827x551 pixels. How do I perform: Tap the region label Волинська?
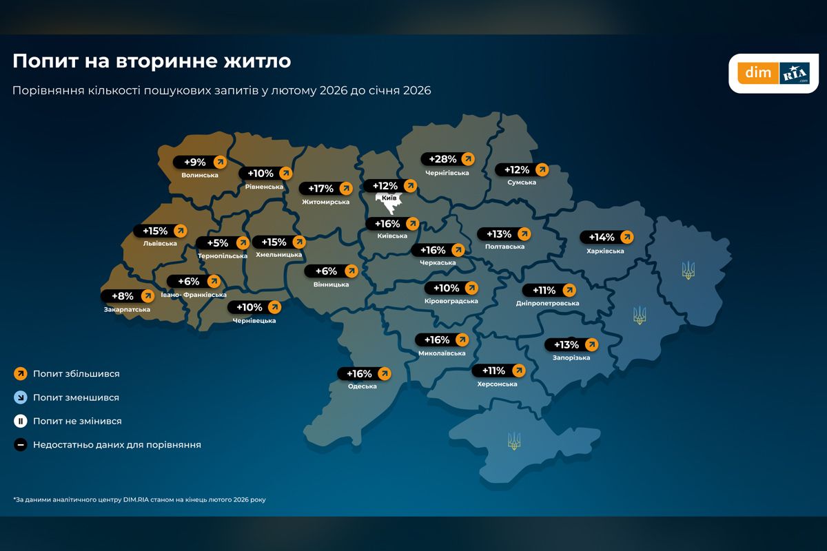pyautogui.click(x=200, y=175)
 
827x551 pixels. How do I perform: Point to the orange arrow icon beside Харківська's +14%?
pyautogui.click(x=626, y=237)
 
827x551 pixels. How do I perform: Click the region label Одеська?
pyautogui.click(x=363, y=386)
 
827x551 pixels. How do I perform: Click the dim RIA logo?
pyautogui.click(x=774, y=73)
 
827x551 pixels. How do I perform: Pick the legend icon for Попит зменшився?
pyautogui.click(x=21, y=397)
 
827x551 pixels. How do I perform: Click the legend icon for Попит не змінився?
pyautogui.click(x=21, y=421)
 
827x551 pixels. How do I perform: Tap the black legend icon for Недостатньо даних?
pyautogui.click(x=21, y=445)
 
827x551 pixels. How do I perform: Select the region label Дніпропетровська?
pyautogui.click(x=547, y=303)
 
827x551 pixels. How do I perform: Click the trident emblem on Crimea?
pyautogui.click(x=513, y=441)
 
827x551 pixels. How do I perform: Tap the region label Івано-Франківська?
pyautogui.click(x=194, y=295)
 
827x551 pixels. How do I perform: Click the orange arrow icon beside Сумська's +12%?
pyautogui.click(x=542, y=169)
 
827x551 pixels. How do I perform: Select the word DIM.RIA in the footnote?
pyautogui.click(x=137, y=499)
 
